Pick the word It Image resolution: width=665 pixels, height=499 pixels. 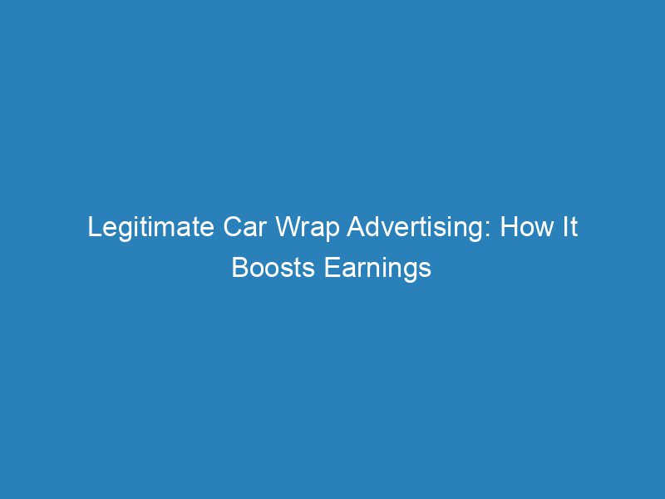[568, 228]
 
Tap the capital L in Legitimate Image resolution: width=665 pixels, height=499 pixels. [94, 228]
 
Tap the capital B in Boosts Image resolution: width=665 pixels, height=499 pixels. [239, 268]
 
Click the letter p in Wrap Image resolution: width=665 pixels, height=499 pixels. [315, 230]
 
